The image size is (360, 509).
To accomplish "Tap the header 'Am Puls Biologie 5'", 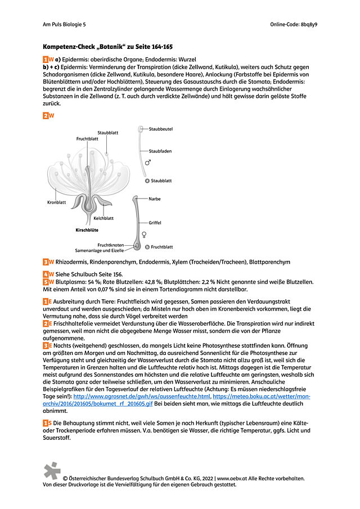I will [x=65, y=25].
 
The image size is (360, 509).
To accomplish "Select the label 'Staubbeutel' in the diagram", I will [x=160, y=129].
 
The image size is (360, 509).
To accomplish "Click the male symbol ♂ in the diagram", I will [x=148, y=163].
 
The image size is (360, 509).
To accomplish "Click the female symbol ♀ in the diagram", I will [x=147, y=234].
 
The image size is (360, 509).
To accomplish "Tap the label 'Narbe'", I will [x=154, y=199].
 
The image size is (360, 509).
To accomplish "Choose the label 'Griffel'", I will [x=155, y=223].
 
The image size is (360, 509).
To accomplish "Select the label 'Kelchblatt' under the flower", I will [x=103, y=218].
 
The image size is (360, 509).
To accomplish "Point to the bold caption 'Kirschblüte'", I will [x=87, y=230].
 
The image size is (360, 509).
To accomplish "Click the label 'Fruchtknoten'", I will [x=111, y=245].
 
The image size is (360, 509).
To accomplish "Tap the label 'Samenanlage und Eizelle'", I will [x=100, y=250].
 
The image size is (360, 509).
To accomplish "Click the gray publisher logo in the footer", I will [x=52, y=471].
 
